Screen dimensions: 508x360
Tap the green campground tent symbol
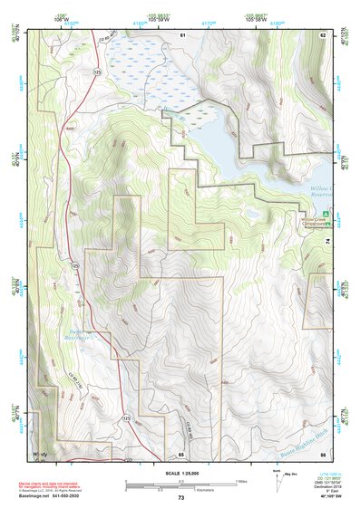click(x=301, y=213)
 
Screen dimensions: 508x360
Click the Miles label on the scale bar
click(x=241, y=480)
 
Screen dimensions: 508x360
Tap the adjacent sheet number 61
click(x=181, y=34)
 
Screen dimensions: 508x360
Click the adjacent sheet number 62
click(x=322, y=34)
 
